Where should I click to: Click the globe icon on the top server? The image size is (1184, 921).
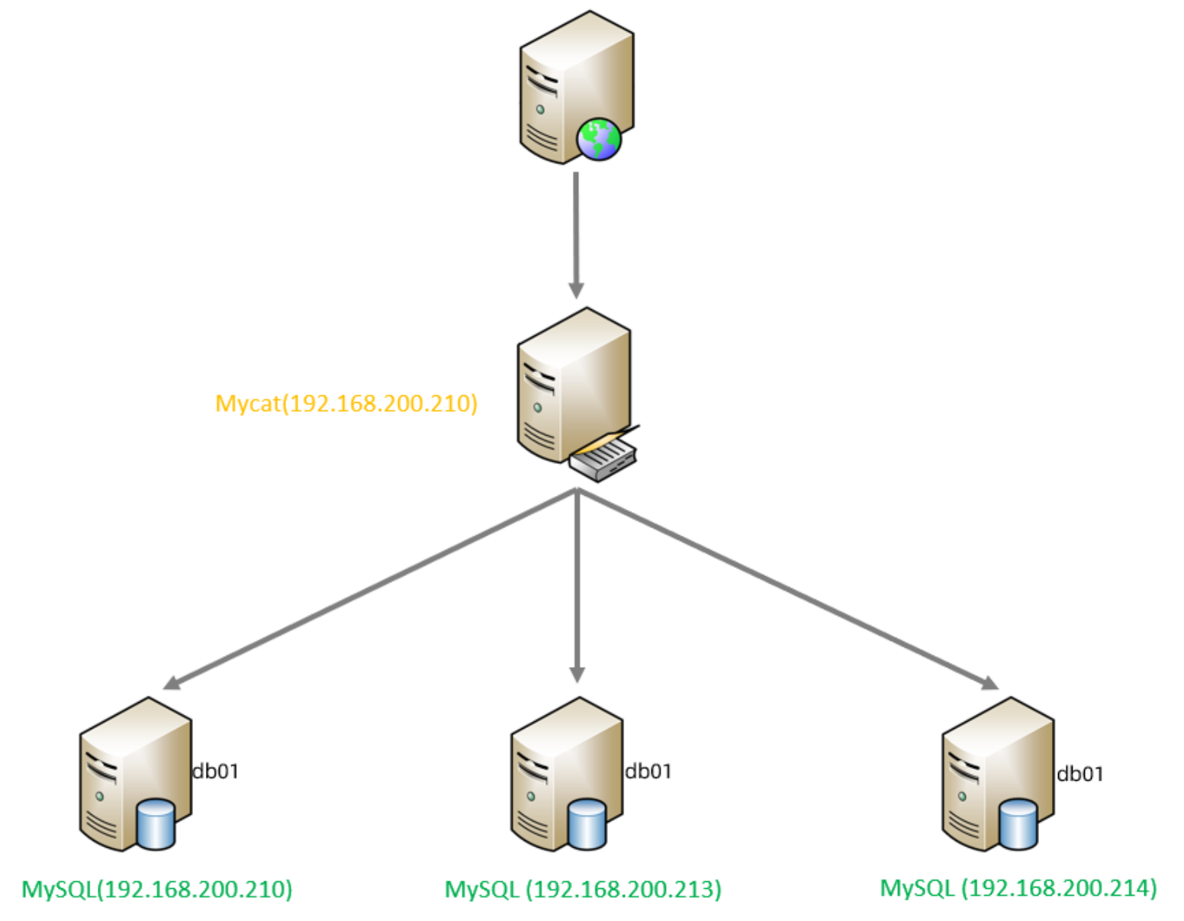599,139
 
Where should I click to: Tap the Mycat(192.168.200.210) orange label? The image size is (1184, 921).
346,403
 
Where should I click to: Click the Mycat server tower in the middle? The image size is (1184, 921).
565,382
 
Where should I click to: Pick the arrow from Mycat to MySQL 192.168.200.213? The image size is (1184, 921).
578,588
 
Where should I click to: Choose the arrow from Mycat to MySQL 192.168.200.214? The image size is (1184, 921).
786,588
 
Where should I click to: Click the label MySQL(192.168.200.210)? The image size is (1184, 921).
157,889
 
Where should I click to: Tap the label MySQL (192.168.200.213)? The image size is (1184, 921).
583,889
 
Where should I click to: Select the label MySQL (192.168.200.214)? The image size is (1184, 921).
1018,888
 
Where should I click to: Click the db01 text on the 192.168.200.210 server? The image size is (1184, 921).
216,771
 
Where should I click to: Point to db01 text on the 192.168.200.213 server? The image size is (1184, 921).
648,771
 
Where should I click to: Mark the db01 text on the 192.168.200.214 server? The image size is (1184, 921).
1079,774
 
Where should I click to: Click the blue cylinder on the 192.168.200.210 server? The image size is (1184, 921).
155,824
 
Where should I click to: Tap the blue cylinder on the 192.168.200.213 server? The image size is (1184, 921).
587,824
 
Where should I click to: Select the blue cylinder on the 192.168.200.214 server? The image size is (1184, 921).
1018,824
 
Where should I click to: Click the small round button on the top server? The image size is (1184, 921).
540,110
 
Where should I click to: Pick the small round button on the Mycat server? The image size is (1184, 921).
537,408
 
